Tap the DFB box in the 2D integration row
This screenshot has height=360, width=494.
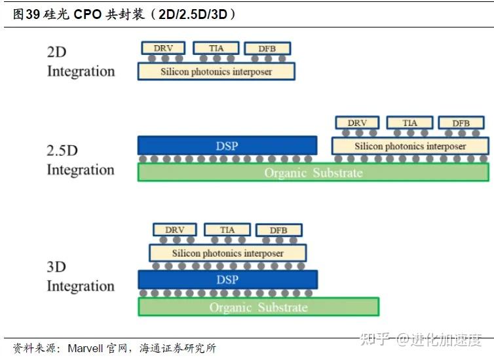(267, 48)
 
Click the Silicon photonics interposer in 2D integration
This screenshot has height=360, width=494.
(216, 71)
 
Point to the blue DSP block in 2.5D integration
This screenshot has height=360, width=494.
(227, 145)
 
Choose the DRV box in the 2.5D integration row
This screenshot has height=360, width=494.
(357, 123)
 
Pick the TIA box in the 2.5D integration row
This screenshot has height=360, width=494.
(409, 123)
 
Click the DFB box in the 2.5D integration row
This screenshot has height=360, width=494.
(461, 123)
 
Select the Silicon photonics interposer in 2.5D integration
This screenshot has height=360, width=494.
(410, 146)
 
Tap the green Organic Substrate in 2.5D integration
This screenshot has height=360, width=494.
(313, 173)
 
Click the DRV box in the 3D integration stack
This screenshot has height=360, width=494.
(175, 230)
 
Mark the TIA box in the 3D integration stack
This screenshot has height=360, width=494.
(227, 230)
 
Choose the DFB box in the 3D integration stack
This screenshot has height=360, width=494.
(279, 230)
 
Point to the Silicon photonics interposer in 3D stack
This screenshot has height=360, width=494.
(228, 253)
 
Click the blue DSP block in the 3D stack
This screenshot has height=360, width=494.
(227, 279)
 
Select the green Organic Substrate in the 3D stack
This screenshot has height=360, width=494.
(258, 307)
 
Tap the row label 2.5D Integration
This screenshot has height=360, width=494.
(80, 160)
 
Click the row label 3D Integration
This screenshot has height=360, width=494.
(80, 276)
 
